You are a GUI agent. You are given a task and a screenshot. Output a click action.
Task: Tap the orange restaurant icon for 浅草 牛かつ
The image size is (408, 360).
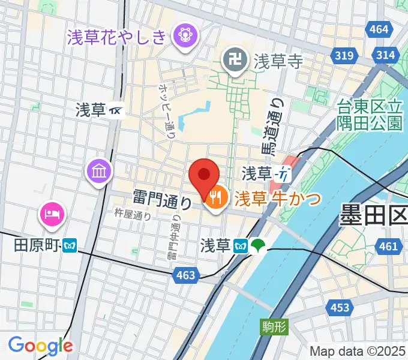(x=215, y=197)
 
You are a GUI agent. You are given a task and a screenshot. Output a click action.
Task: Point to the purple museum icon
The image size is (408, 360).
(x=99, y=172)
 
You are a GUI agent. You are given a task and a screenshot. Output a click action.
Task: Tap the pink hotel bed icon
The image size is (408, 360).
(x=52, y=213)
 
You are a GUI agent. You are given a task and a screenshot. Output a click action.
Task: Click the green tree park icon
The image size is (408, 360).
(x=259, y=245)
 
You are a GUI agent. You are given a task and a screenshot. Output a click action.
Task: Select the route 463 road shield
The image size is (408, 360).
(x=186, y=275)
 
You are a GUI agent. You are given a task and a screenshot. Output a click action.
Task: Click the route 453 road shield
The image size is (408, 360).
(x=339, y=308)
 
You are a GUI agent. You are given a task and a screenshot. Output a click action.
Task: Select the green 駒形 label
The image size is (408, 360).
(x=275, y=327)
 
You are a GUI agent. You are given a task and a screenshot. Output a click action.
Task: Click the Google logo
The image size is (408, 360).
(x=40, y=345)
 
